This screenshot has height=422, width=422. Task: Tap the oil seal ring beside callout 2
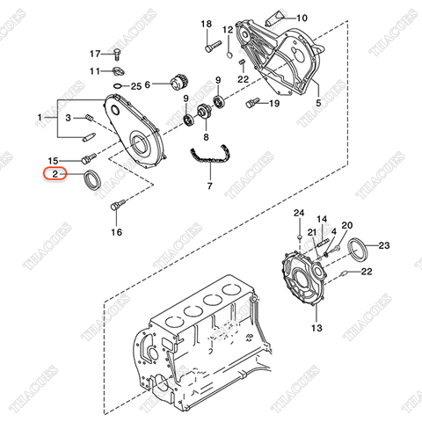(x=91, y=182)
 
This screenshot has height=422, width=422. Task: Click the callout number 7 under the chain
(x=209, y=187)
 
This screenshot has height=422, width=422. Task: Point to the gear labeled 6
(x=178, y=85)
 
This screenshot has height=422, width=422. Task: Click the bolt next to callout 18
(x=212, y=46)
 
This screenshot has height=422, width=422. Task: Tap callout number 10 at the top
(x=302, y=18)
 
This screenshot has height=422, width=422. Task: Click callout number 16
(x=117, y=233)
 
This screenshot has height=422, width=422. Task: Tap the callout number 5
(x=319, y=103)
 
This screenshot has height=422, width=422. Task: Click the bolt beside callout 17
(x=116, y=55)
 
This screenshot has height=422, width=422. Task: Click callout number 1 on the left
(x=39, y=117)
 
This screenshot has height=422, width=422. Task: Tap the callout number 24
(x=298, y=214)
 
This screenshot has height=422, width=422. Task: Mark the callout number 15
(x=53, y=161)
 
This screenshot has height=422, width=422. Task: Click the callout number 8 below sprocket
(x=206, y=137)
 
